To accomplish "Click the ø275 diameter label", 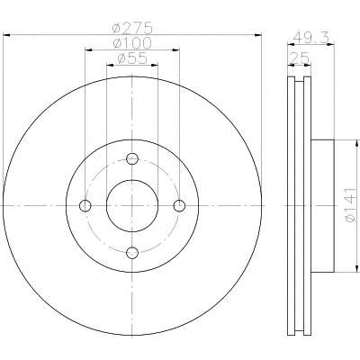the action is (132, 28).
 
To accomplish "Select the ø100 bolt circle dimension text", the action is (132, 43).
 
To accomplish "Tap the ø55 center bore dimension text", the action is (132, 58).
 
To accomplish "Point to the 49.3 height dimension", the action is (310, 38).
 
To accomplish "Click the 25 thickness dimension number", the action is (299, 58).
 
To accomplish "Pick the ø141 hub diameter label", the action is (351, 205).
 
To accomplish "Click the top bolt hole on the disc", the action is (132, 158).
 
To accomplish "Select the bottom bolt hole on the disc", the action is (132, 253).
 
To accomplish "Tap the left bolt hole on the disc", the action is (85, 206).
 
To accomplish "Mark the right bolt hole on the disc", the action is (179, 206).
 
